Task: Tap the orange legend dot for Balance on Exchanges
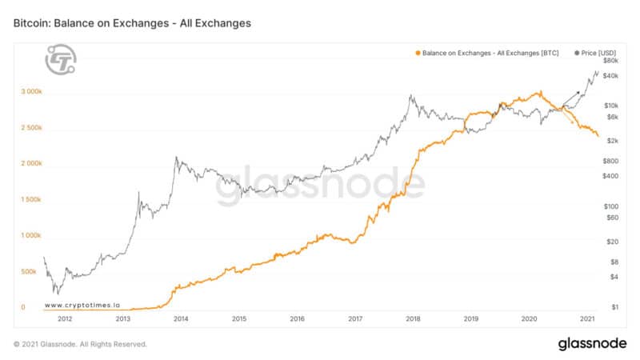tap(417, 53)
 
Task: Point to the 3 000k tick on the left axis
tap(31, 92)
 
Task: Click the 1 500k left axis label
tap(31, 200)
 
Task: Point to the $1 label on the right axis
tap(614, 307)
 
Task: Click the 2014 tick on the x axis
tap(181, 318)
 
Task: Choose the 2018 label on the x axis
tap(414, 318)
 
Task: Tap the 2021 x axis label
tap(587, 318)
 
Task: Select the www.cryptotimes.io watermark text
tap(82, 305)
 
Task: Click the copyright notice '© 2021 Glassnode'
tap(80, 344)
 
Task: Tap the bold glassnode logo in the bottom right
tap(592, 344)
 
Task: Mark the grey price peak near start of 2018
tap(410, 96)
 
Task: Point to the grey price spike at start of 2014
tap(176, 158)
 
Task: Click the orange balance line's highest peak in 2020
tap(541, 91)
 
